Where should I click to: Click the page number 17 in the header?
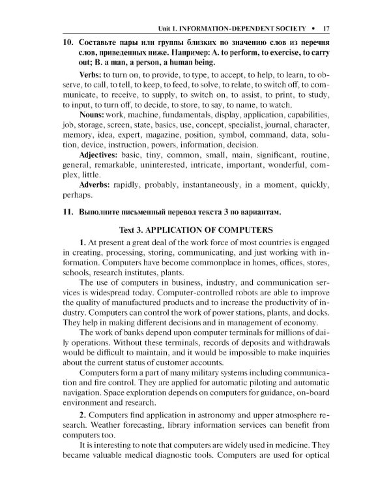pyautogui.click(x=326, y=29)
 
